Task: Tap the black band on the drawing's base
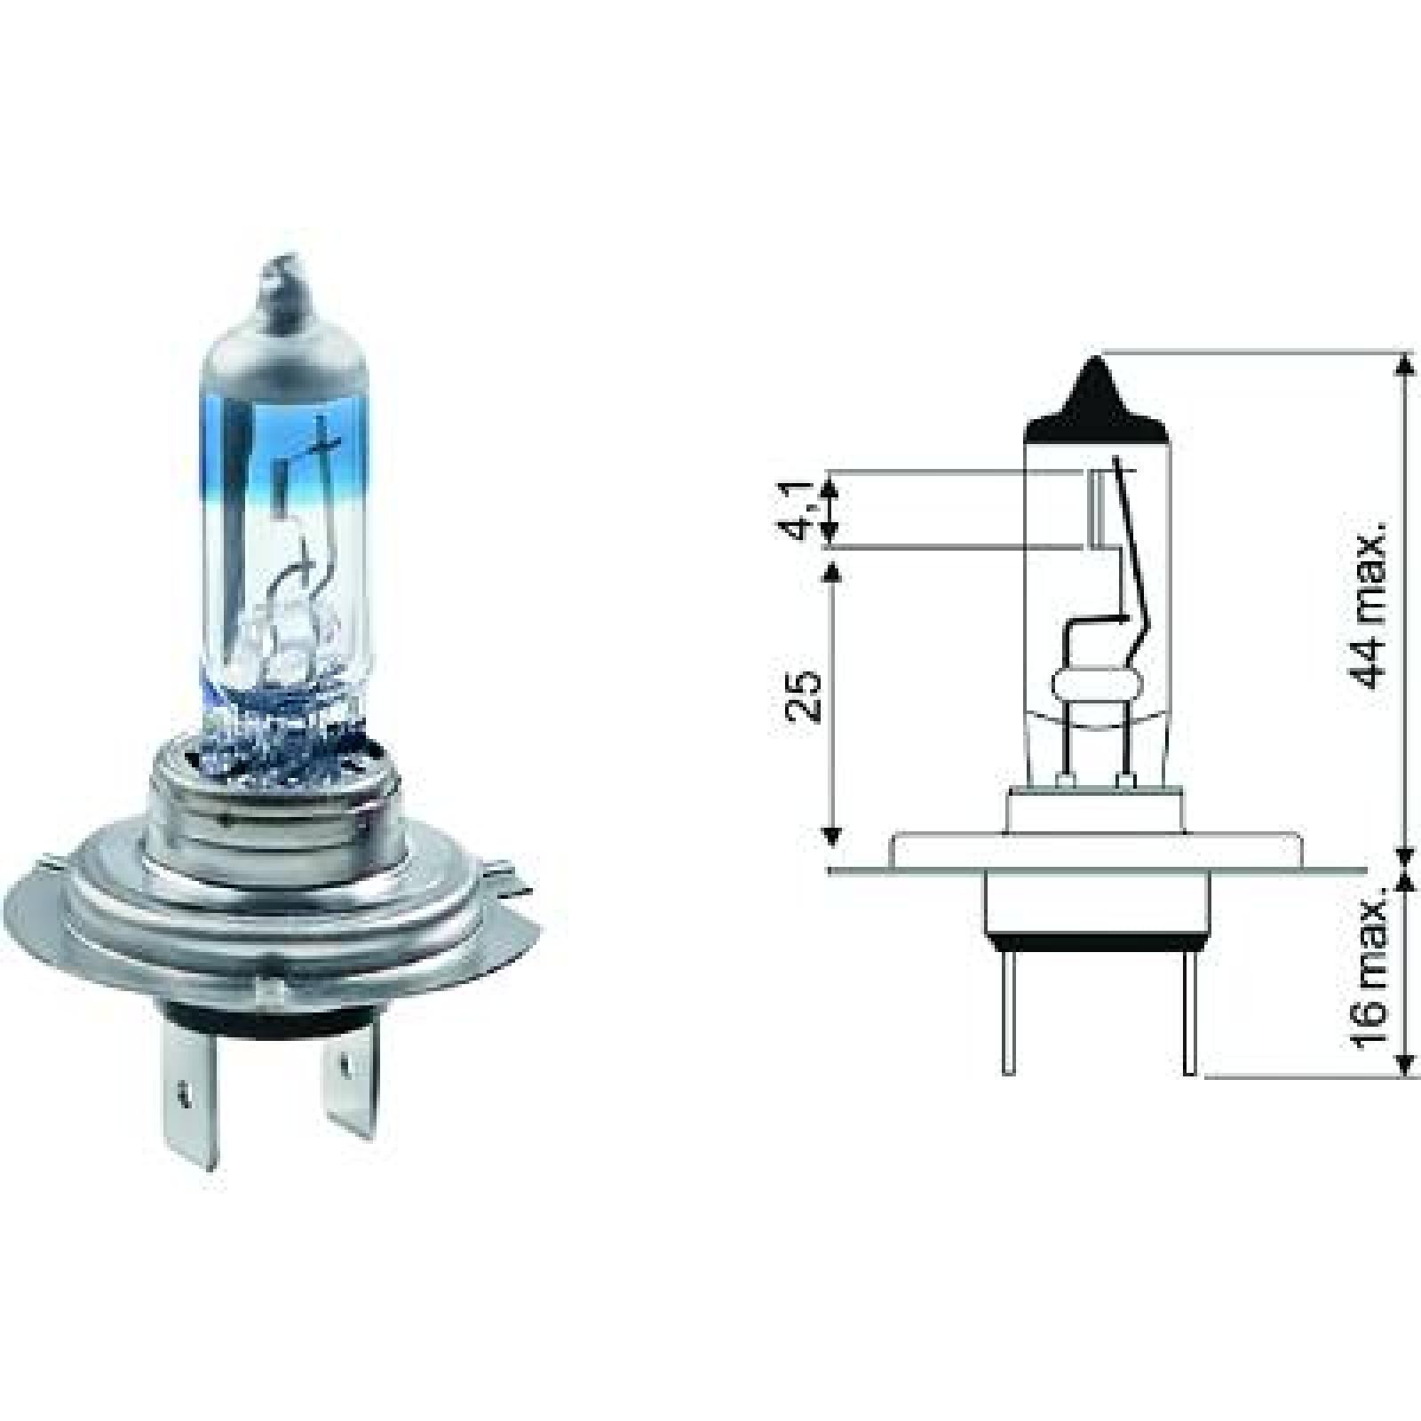[x=1098, y=938]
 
